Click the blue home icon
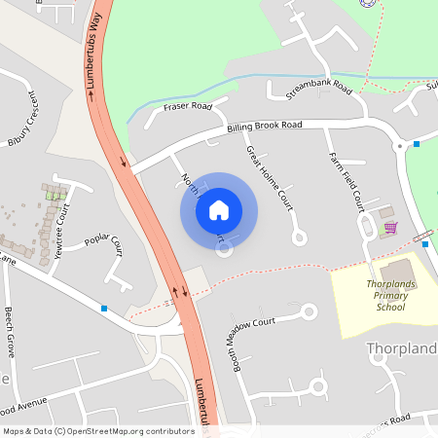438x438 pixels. coord(219,210)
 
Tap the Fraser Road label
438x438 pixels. coord(188,106)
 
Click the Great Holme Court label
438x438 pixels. coord(270,179)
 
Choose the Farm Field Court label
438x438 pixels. coord(346,182)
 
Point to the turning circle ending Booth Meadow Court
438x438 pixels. coord(310,312)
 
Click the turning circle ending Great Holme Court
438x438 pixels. coord(300,237)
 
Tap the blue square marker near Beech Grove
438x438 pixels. coord(104,309)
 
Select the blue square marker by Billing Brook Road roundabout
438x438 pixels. coord(417,144)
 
